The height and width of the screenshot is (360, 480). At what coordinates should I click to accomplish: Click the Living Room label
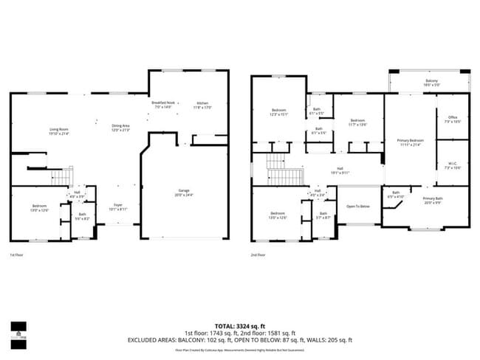pos(39,131)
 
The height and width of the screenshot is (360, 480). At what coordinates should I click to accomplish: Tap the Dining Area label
pos(120,128)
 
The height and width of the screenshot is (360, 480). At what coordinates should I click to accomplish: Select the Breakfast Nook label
pos(163,105)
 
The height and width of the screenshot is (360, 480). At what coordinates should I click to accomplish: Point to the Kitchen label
pos(202,105)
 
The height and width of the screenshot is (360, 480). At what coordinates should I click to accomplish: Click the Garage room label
pos(183,193)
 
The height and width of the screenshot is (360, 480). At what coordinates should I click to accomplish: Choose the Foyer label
pos(118,207)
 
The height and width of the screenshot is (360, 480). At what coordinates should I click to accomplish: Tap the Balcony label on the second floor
pos(431,83)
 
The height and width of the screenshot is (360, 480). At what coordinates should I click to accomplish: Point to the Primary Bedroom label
pos(410,142)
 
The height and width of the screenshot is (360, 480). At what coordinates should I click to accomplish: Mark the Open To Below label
pos(358,207)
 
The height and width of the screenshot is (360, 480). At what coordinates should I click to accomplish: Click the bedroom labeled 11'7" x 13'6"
pos(357,122)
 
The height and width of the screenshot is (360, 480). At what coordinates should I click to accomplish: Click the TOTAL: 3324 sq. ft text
pos(239,325)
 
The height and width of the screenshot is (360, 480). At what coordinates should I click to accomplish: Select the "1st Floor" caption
pos(17,255)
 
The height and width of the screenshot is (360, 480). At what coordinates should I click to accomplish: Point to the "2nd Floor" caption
pos(258,255)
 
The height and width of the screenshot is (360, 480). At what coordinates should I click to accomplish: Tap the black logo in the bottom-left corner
pos(20,333)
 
